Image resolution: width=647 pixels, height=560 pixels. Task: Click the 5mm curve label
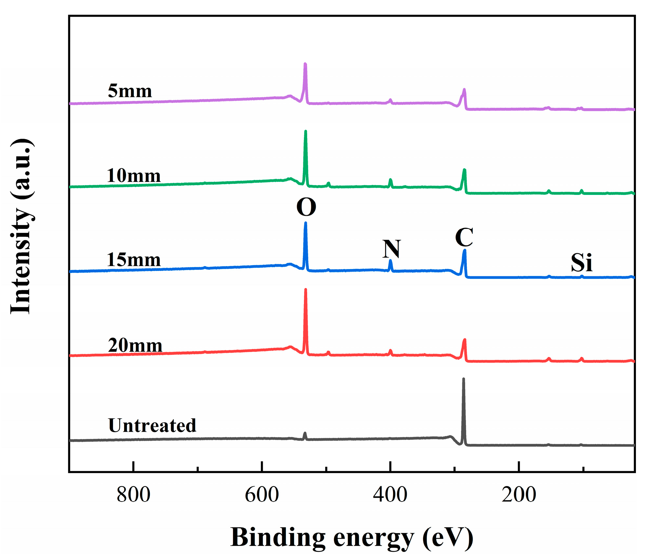pos(130,91)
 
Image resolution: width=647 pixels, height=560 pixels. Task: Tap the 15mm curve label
pos(134,260)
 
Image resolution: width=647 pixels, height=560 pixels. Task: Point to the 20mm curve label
pos(135,345)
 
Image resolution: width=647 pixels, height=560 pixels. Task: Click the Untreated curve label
pos(152,425)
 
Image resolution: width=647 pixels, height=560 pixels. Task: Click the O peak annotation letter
pos(306,207)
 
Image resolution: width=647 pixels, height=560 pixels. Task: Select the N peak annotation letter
pos(391,249)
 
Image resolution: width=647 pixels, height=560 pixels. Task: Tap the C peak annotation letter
pos(464,237)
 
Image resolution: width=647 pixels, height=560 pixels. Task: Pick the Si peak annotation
pos(581,263)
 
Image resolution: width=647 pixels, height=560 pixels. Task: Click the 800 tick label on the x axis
pos(133,494)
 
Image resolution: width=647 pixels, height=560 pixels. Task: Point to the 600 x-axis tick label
pos(262,494)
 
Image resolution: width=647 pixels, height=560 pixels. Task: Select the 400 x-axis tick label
pos(390,494)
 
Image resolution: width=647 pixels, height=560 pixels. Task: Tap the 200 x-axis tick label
pos(519,494)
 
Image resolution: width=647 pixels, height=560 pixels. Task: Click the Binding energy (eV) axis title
pos(352,537)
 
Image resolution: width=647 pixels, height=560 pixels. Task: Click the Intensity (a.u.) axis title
pos(21,226)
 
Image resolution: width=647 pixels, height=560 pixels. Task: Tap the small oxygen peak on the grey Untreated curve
pos(305,434)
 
